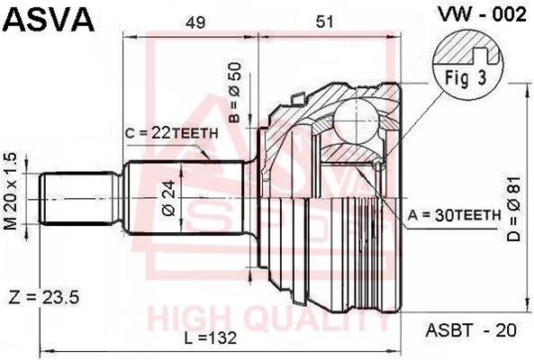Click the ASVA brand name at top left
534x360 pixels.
[x=49, y=20]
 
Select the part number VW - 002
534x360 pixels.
[x=482, y=14]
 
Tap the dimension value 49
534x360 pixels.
[x=195, y=22]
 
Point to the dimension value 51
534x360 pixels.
[x=324, y=22]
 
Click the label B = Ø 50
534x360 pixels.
[x=235, y=93]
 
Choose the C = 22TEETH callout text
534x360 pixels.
[x=171, y=134]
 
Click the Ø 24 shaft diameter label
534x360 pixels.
[x=169, y=198]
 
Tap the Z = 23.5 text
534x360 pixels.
[x=43, y=298]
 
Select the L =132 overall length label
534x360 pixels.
[x=211, y=337]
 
